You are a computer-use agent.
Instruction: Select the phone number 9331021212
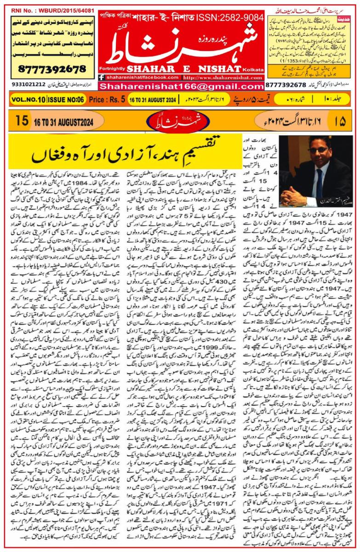(x=24, y=85)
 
